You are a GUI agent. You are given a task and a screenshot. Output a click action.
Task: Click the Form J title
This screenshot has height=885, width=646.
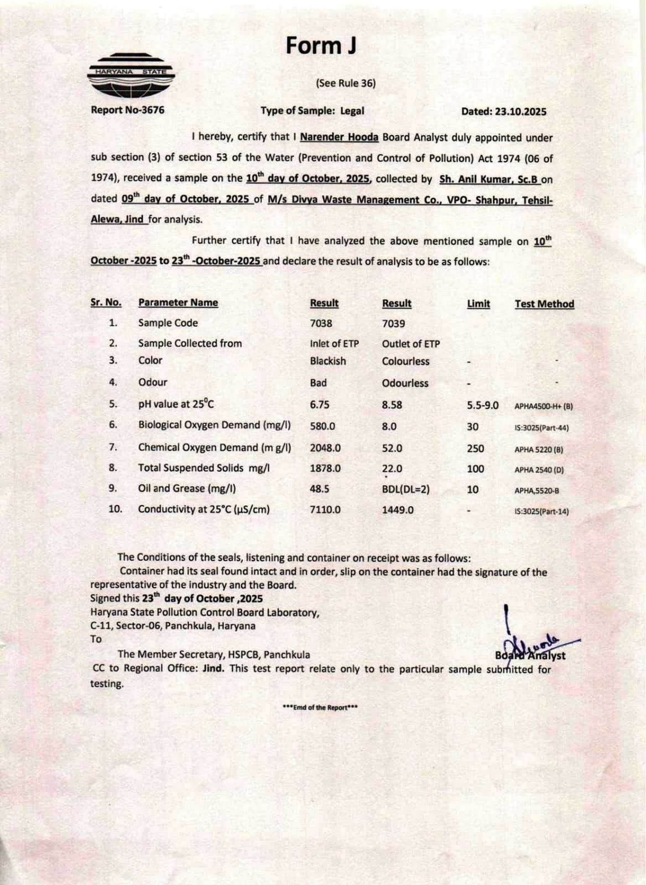(x=321, y=45)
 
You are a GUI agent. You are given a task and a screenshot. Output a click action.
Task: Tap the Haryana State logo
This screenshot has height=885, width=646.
(x=132, y=76)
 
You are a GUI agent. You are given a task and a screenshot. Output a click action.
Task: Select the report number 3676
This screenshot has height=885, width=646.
(x=127, y=110)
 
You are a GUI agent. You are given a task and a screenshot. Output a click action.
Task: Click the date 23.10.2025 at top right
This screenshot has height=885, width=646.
(x=503, y=112)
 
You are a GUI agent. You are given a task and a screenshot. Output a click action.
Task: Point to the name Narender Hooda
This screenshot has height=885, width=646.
(x=339, y=137)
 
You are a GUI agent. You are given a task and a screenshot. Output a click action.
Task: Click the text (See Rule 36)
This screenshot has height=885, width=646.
(x=346, y=84)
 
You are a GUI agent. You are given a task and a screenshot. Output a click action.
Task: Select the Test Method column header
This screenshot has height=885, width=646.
(x=544, y=304)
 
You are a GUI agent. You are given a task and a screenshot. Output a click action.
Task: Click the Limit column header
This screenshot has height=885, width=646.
(x=478, y=304)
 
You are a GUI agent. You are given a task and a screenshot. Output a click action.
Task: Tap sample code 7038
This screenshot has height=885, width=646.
(x=321, y=324)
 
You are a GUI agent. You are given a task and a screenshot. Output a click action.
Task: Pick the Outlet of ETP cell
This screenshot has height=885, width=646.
(x=411, y=343)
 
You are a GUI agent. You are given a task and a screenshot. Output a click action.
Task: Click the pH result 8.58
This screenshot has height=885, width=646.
(x=392, y=405)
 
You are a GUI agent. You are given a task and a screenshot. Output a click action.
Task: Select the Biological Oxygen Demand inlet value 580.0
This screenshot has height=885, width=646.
(x=322, y=426)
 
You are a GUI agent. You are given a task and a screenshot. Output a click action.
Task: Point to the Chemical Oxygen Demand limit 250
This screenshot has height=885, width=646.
(x=475, y=449)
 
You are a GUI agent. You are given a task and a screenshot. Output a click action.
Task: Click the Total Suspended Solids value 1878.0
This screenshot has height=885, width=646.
(x=325, y=468)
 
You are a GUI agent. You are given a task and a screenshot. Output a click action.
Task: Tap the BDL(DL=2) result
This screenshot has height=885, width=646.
(x=405, y=490)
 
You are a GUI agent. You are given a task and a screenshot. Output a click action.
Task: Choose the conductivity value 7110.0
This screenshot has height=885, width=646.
(x=325, y=509)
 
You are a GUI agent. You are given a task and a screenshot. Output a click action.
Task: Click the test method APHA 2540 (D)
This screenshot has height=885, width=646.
(x=539, y=470)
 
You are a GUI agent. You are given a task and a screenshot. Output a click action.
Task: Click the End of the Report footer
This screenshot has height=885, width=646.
(x=320, y=707)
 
